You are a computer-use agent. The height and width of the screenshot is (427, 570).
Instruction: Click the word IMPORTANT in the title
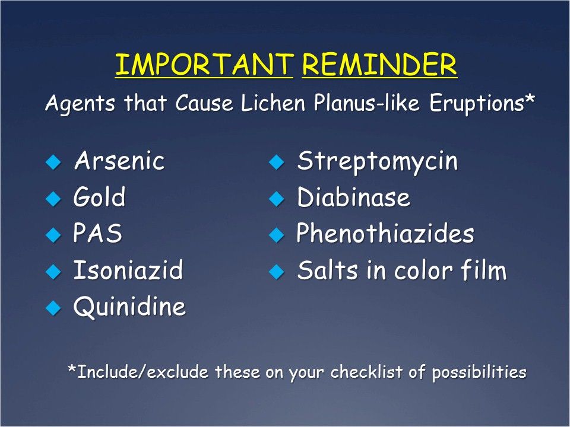[x=204, y=64]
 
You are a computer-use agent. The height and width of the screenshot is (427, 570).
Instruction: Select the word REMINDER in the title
[x=379, y=64]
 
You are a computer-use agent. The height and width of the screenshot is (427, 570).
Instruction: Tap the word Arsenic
[x=119, y=161]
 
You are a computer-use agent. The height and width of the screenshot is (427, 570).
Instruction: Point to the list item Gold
[x=99, y=196]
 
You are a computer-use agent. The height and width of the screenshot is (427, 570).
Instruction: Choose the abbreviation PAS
[x=97, y=232]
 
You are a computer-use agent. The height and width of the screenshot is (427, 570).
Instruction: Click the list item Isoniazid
[x=128, y=269]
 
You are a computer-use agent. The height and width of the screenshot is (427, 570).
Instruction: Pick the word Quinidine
[x=130, y=307]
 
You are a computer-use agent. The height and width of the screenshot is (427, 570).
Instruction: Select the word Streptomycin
[x=378, y=161]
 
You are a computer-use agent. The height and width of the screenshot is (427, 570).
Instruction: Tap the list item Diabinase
[x=353, y=197]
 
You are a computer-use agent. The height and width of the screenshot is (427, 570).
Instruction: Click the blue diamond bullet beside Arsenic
[x=53, y=162]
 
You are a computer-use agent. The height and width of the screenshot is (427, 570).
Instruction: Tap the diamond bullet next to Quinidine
[x=53, y=308]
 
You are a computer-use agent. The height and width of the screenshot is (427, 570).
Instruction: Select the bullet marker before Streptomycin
[x=277, y=162]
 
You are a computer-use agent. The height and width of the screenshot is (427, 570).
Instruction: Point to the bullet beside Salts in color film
[x=277, y=272]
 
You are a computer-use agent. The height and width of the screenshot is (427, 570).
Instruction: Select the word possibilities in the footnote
[x=479, y=372]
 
